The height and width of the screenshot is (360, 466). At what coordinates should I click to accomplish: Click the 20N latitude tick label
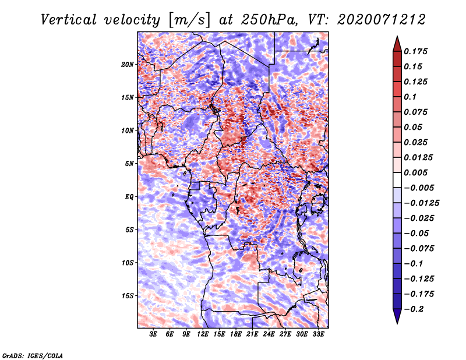click(128, 64)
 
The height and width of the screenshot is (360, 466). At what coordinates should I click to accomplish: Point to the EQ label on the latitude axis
click(129, 196)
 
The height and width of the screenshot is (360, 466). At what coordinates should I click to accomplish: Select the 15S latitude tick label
click(128, 295)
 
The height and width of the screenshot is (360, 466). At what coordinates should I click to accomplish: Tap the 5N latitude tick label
click(129, 164)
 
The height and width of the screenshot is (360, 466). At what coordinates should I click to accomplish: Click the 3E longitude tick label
click(154, 335)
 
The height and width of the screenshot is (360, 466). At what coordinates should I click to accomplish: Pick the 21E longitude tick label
click(252, 335)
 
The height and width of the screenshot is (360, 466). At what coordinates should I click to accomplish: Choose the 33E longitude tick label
click(318, 335)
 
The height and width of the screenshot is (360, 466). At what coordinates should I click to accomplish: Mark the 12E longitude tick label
click(203, 335)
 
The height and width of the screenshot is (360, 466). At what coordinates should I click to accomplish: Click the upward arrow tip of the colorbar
click(397, 37)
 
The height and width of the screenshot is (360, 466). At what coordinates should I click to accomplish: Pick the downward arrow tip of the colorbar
click(397, 323)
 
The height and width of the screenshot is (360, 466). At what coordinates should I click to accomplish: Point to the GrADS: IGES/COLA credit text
click(33, 355)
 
